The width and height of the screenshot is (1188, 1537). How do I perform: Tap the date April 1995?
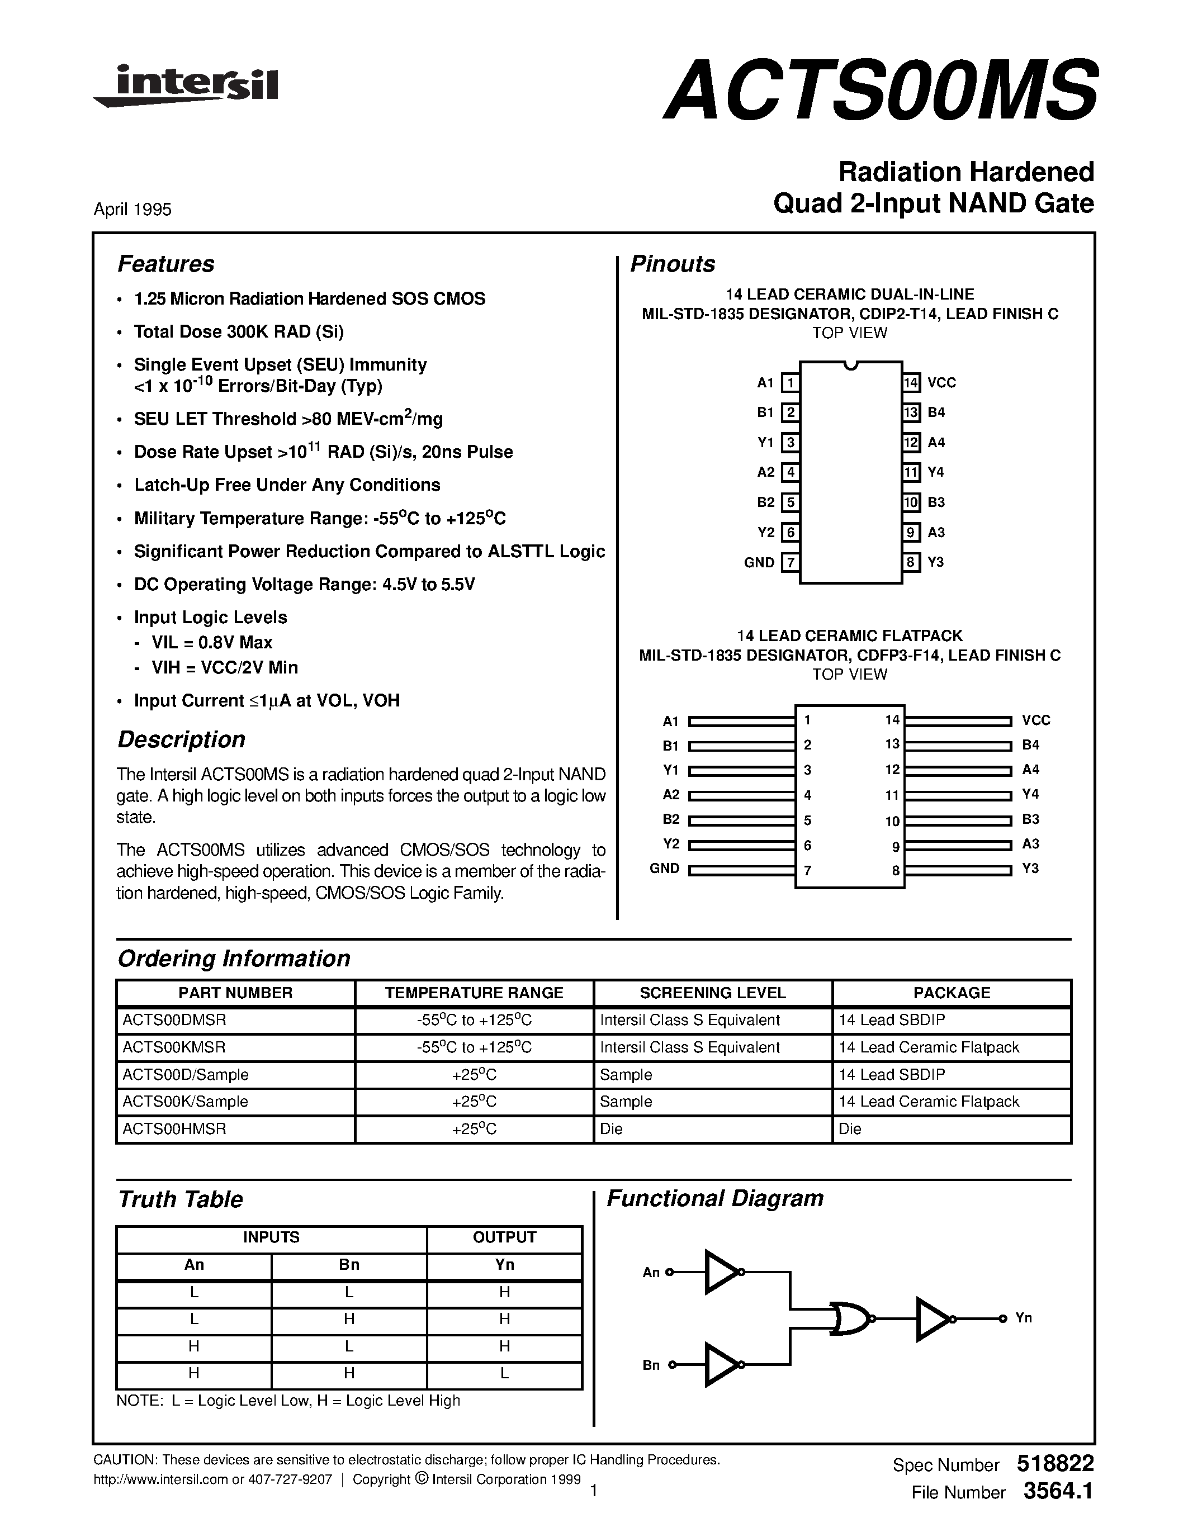coord(132,209)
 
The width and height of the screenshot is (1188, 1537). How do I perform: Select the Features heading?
coord(166,264)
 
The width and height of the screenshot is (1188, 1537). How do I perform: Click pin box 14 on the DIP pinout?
coord(911,383)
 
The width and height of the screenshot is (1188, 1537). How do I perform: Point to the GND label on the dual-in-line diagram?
coord(759,562)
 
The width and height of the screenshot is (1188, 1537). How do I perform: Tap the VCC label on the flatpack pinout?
coord(1036,720)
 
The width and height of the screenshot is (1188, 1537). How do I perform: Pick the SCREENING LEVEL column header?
coord(712,993)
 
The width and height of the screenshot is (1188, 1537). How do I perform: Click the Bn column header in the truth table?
coord(349,1265)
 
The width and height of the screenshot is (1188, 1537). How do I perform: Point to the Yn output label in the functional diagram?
coord(1023,1318)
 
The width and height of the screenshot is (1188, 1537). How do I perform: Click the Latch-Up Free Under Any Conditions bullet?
coord(287,485)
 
